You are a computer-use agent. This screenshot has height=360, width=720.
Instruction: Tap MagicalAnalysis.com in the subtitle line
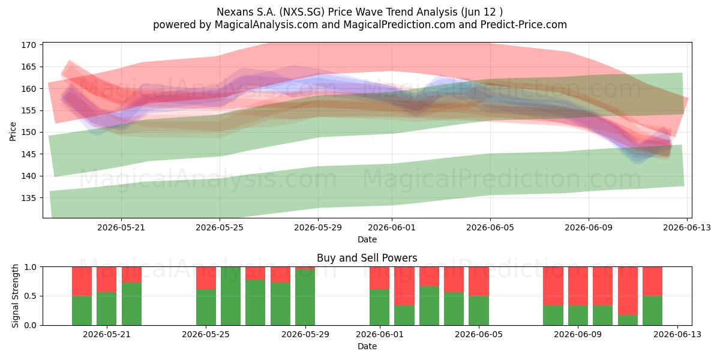(266, 25)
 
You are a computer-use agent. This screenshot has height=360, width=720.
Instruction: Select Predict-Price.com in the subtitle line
(524, 25)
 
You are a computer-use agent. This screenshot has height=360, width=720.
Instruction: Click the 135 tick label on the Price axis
(29, 198)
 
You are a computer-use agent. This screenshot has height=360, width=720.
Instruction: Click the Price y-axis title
(13, 131)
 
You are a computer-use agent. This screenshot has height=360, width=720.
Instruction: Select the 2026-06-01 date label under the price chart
(392, 227)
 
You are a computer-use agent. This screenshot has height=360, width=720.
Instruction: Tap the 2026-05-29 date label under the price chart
(318, 227)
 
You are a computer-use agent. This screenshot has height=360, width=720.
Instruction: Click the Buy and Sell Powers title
(367, 258)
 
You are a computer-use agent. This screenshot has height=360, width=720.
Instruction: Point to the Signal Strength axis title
(15, 296)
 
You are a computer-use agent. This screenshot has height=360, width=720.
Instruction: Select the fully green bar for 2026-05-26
(230, 296)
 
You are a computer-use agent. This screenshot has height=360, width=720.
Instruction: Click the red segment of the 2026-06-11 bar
(628, 291)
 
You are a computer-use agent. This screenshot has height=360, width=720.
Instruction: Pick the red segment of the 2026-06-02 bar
(404, 286)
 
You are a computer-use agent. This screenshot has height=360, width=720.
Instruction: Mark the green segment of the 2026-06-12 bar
(653, 311)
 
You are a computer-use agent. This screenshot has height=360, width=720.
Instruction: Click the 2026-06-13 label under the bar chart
(677, 334)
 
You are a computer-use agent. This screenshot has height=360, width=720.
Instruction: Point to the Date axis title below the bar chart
(367, 346)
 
